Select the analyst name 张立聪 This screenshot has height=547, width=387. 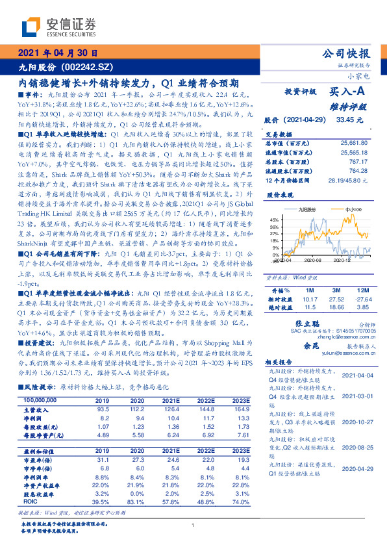pos(307,324)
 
